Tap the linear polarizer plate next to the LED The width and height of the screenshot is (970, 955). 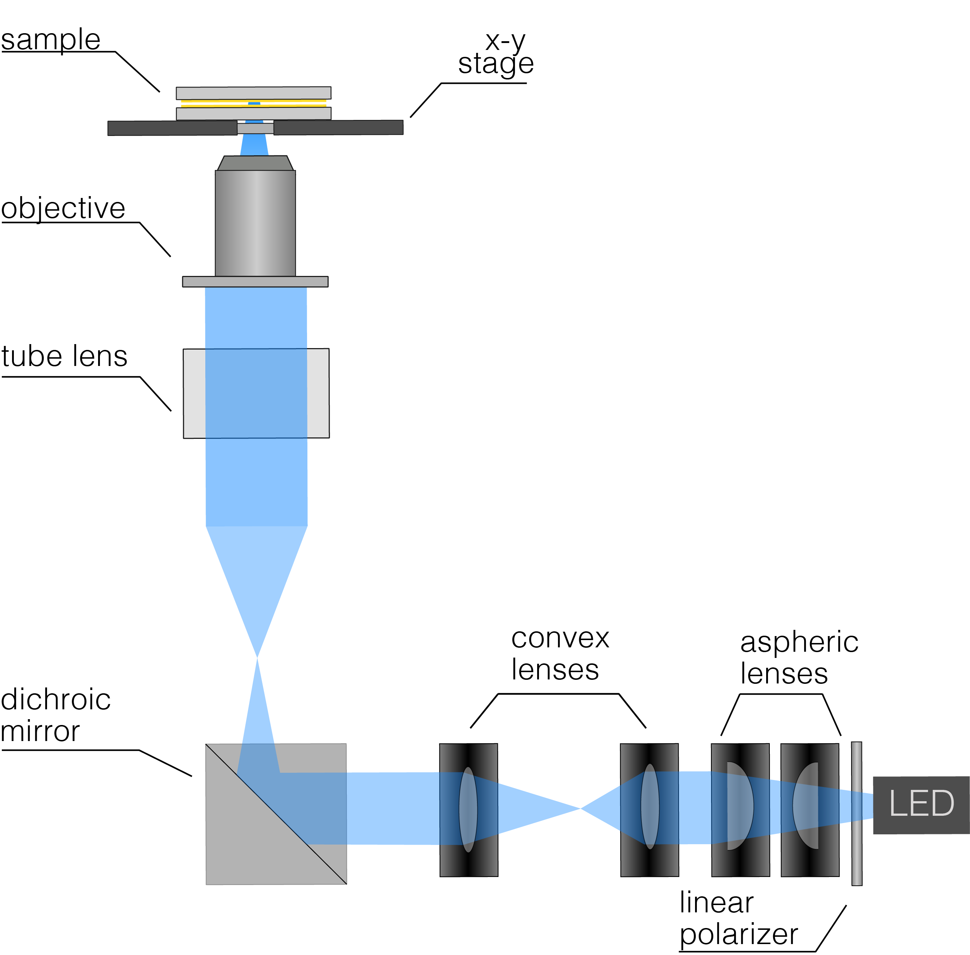coord(857,814)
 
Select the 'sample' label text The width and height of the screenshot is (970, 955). coord(51,40)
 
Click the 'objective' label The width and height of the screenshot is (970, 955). coord(63,208)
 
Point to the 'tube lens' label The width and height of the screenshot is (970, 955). coord(64,356)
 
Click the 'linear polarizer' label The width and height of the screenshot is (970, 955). coord(738,919)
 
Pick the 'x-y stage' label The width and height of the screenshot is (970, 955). coord(497,52)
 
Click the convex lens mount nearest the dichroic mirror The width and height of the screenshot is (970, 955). coord(468,810)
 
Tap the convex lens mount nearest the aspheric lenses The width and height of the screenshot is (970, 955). coord(649,810)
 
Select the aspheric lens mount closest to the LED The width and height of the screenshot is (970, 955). coord(810,810)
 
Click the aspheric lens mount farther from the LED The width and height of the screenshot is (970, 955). coord(740,810)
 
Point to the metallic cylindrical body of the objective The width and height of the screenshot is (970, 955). coord(255,223)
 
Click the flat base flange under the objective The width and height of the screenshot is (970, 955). coord(255,281)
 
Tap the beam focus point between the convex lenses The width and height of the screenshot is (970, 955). coord(581,808)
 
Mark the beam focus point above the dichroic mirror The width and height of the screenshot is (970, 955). coord(257,657)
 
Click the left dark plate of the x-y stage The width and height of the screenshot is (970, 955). coord(172,128)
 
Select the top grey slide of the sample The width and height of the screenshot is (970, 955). coord(253,93)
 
